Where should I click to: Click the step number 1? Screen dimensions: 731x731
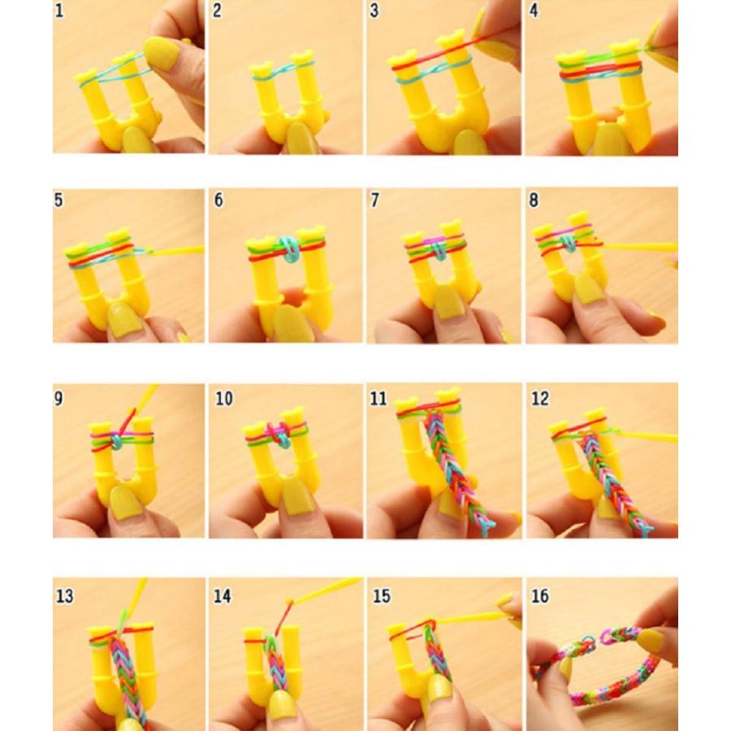point(58,11)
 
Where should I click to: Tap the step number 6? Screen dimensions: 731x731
point(218,200)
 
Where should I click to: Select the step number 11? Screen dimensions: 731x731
point(378,399)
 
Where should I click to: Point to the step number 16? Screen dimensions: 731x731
point(540,596)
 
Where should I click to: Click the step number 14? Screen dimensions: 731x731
point(222,596)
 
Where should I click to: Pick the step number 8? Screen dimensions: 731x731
point(534,200)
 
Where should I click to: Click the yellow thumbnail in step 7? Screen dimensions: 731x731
point(449,302)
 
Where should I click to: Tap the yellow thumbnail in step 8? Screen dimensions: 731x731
point(590,289)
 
